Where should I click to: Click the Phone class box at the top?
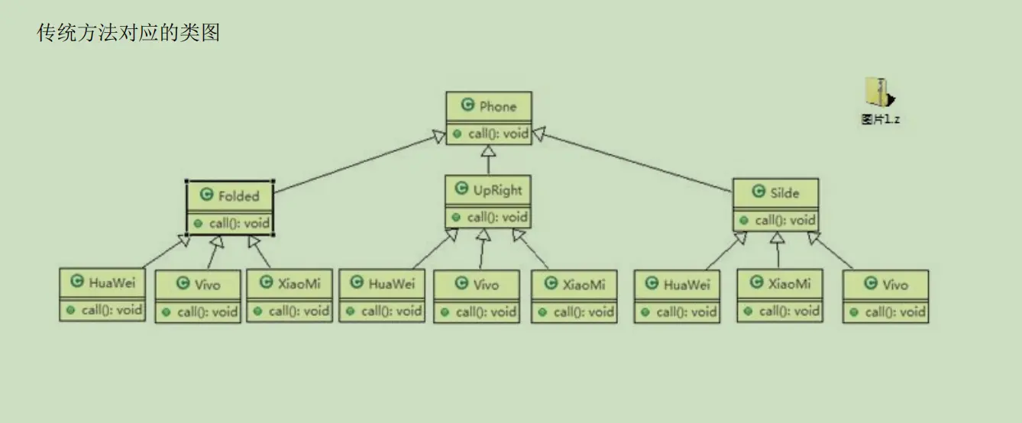tap(489, 117)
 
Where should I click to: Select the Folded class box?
tap(231, 208)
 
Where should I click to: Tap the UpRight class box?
tap(488, 202)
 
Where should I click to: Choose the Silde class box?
tap(775, 205)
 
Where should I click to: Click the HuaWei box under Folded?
tap(102, 295)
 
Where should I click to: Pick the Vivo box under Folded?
tap(197, 297)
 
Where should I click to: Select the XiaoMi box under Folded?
tap(289, 296)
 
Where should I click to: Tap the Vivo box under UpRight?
tap(477, 297)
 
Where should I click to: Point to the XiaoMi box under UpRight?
tap(574, 297)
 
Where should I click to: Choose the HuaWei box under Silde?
tap(677, 297)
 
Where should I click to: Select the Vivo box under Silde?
tap(886, 297)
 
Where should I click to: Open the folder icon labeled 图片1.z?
tap(880, 93)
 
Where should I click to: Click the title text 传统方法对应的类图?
tap(128, 33)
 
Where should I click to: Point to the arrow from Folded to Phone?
tap(359, 161)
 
